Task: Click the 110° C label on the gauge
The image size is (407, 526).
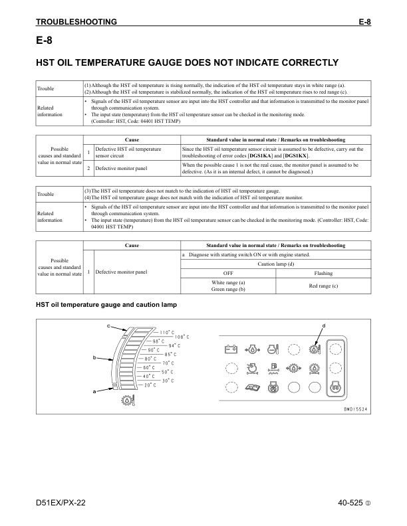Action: [x=166, y=332]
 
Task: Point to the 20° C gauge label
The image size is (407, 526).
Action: [x=150, y=385]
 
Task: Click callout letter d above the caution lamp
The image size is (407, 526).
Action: [x=323, y=325]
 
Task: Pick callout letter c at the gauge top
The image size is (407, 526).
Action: [x=109, y=325]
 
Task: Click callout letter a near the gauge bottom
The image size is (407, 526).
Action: [x=94, y=391]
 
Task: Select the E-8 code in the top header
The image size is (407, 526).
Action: [x=364, y=22]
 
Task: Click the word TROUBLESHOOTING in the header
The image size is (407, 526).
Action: [x=76, y=22]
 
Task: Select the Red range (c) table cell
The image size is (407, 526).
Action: [x=323, y=286]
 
